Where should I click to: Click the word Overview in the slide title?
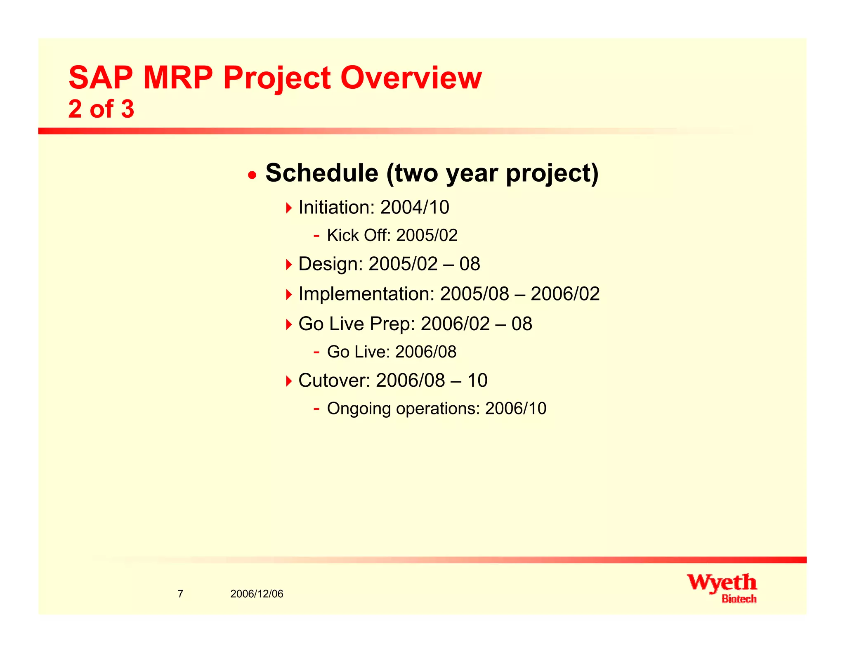pos(411,78)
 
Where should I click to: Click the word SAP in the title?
pos(101,78)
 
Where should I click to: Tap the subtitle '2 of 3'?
pos(101,109)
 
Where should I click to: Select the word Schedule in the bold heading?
pos(322,173)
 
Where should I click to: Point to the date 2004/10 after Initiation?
pos(414,207)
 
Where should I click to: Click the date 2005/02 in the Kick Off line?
pos(427,235)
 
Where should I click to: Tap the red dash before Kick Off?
pos(316,236)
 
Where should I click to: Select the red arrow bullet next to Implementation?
pos(288,294)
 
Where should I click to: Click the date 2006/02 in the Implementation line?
pos(565,294)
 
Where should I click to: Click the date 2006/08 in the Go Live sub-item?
pos(426,352)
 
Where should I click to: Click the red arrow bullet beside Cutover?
pos(288,381)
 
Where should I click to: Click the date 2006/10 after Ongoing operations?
pos(515,409)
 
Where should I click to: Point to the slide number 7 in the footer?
pos(180,594)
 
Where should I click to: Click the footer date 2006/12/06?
pos(257,594)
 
